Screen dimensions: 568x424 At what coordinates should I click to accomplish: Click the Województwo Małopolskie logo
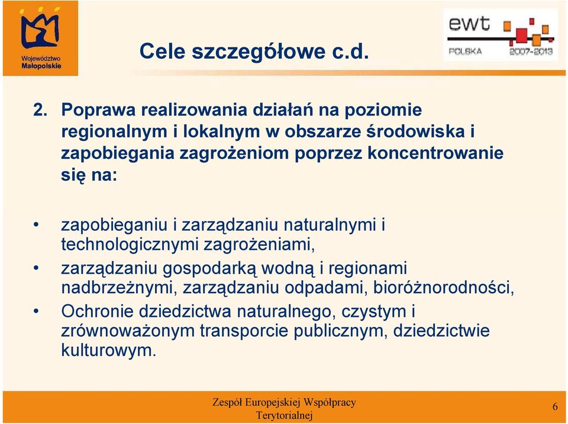(41, 38)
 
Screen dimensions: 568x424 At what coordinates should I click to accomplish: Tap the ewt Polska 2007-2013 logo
(501, 35)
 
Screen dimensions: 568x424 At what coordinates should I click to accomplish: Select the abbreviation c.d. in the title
(351, 51)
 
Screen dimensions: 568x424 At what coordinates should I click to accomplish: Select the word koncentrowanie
(435, 153)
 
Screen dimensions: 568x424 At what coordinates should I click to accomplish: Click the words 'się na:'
(89, 175)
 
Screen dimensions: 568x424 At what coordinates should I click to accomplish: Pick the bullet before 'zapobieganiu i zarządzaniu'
(36, 225)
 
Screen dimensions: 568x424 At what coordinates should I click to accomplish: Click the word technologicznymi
(130, 245)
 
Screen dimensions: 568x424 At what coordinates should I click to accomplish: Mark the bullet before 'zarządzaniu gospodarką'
(36, 268)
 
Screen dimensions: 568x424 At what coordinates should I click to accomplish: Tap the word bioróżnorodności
(443, 288)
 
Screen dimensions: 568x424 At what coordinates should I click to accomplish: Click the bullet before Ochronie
(36, 311)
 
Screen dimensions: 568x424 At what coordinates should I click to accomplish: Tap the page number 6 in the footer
(555, 407)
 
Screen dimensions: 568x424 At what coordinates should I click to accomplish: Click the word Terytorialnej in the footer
(284, 415)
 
